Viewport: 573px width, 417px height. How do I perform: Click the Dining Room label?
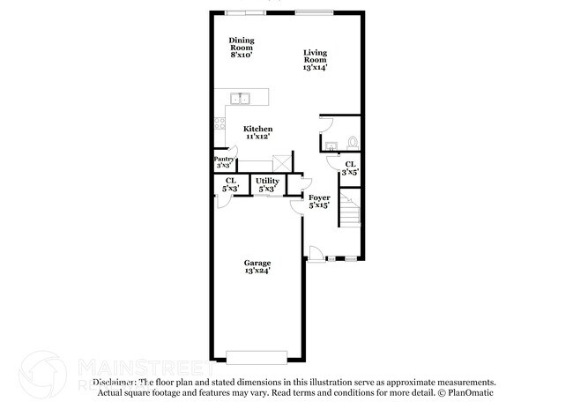click(241, 48)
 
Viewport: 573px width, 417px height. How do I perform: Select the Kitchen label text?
click(257, 132)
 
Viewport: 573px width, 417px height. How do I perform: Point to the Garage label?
click(257, 266)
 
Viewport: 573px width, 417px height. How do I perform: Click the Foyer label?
click(319, 201)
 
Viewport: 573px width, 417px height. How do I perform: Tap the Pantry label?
click(225, 162)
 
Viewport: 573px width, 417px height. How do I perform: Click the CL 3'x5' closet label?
click(350, 168)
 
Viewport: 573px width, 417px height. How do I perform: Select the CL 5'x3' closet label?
click(230, 183)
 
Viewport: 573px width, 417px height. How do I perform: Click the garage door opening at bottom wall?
click(257, 357)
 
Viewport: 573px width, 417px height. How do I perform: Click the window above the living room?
click(314, 12)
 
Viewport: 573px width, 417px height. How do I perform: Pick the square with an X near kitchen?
click(282, 162)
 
